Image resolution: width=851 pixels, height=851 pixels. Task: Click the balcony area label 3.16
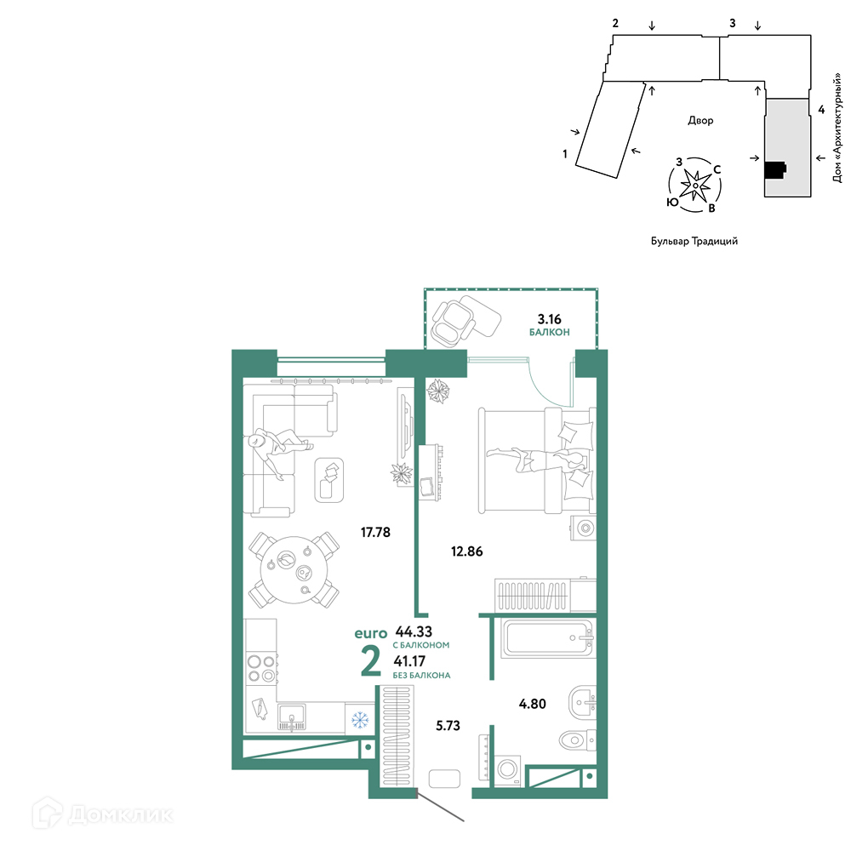coord(549,319)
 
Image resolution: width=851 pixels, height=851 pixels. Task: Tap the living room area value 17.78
coord(375,533)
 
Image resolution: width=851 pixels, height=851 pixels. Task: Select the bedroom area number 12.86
coord(466,551)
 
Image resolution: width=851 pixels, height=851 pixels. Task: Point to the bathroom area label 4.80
coord(533,704)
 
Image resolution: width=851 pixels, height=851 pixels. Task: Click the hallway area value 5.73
coord(448,726)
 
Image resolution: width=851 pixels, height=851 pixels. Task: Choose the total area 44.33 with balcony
coord(414,631)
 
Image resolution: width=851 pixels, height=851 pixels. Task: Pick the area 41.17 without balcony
coord(410,661)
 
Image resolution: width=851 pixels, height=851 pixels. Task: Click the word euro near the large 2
coord(371,633)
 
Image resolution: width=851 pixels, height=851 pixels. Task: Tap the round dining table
coord(294,570)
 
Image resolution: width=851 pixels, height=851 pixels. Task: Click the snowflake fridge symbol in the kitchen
coord(360,720)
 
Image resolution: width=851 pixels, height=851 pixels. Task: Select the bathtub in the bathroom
coord(548,638)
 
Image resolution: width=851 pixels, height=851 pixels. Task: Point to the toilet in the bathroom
coord(578,740)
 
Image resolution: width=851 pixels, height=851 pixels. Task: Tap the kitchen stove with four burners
coord(261,669)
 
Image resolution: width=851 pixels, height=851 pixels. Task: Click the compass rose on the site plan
coord(694,185)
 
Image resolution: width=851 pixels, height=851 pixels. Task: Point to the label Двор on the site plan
coord(700,121)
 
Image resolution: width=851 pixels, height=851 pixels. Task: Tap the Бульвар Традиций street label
coord(694,241)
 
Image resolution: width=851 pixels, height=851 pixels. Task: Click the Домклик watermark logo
coord(103,814)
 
